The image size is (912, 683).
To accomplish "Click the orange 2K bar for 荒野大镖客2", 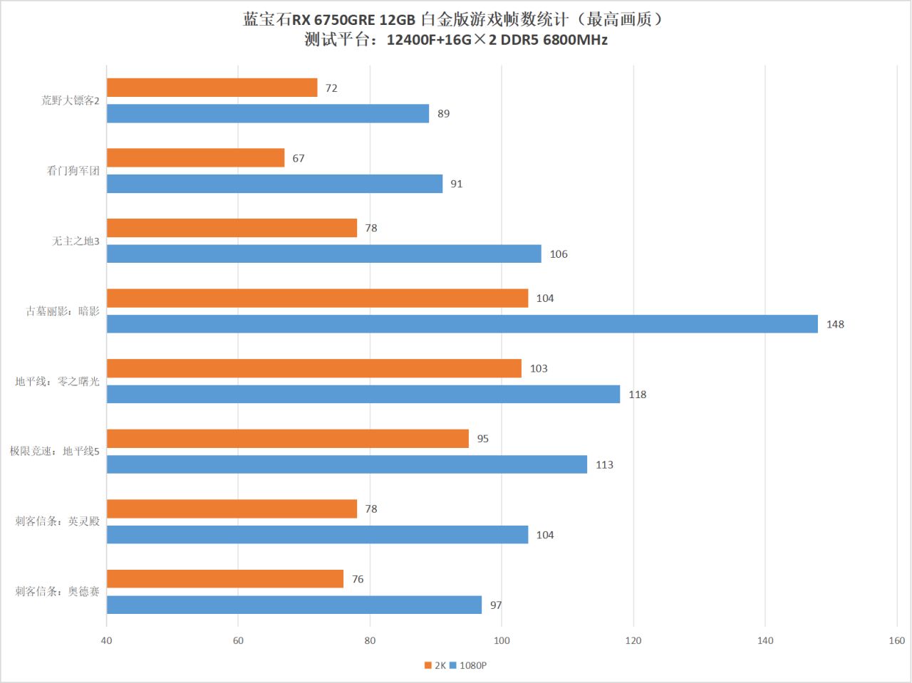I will point(212,88).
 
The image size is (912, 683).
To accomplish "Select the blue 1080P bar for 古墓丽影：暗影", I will point(462,324).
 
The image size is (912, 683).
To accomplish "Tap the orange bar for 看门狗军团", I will point(195,158).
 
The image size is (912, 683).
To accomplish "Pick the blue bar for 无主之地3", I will point(323,254).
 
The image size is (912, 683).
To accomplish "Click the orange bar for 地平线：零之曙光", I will point(313,368).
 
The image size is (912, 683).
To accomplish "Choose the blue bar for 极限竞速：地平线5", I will point(346,464).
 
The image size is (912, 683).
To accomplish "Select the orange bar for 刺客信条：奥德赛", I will point(224,579).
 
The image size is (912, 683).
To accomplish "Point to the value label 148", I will point(835,325).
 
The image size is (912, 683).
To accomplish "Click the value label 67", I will point(299,159).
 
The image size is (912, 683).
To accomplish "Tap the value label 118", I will point(637,395).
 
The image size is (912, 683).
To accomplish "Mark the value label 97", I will point(496,605).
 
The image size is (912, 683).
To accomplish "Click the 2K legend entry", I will point(435,666).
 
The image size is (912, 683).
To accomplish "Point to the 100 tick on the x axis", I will point(502,640).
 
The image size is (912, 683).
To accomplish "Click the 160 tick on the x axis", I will point(896,640).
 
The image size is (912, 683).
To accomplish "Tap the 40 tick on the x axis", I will point(106,640).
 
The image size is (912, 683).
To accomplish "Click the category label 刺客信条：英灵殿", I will point(58,521).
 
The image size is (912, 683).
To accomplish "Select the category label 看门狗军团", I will point(73,171).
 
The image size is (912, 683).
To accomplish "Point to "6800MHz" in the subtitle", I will point(575,40).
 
